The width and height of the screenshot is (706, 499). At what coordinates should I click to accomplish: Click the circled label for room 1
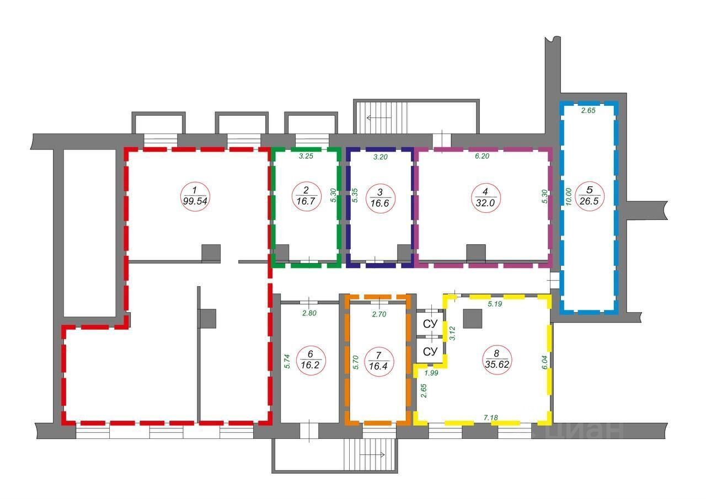194,195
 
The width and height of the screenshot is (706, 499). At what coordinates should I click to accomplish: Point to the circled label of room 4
485,195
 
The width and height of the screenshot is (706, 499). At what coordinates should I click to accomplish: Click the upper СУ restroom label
430,324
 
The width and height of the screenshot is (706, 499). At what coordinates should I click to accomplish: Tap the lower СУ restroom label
430,351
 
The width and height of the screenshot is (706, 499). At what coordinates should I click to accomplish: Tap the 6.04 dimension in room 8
544,362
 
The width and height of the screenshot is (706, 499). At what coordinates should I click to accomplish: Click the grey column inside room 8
473,319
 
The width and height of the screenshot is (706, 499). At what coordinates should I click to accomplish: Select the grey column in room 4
476,253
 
